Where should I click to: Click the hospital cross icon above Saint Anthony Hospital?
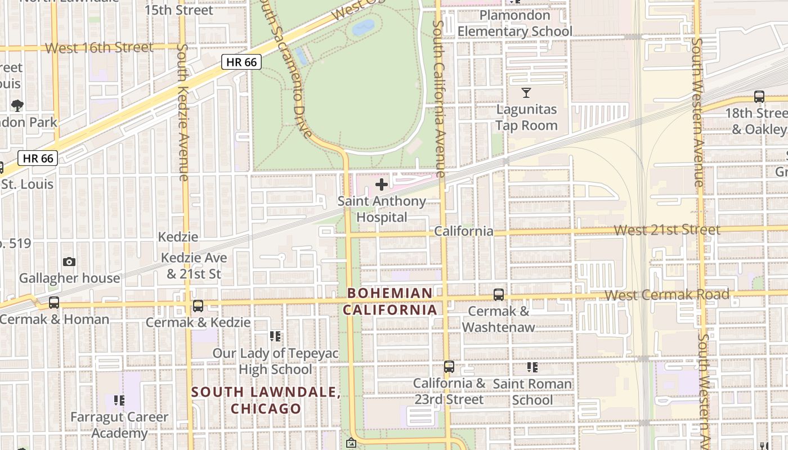click(x=382, y=184)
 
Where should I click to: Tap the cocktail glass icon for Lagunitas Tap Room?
click(x=526, y=93)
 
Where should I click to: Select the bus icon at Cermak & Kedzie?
click(x=198, y=306)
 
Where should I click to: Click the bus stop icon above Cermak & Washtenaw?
click(x=498, y=295)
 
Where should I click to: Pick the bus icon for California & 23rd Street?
click(x=449, y=367)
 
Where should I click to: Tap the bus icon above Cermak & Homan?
click(x=54, y=303)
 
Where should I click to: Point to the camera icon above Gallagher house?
click(x=69, y=262)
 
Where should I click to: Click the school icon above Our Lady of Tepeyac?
click(x=275, y=336)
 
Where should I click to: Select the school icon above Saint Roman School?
click(x=532, y=368)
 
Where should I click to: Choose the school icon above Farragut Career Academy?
click(x=119, y=400)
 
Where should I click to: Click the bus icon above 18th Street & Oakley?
click(x=759, y=97)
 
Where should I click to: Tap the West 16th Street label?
click(x=99, y=48)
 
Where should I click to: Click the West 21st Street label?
click(x=666, y=229)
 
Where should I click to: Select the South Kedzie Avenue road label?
click(x=182, y=112)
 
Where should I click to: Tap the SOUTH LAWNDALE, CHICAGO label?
click(x=266, y=400)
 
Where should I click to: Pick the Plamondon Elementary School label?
click(x=514, y=24)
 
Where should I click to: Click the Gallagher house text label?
click(x=70, y=278)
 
